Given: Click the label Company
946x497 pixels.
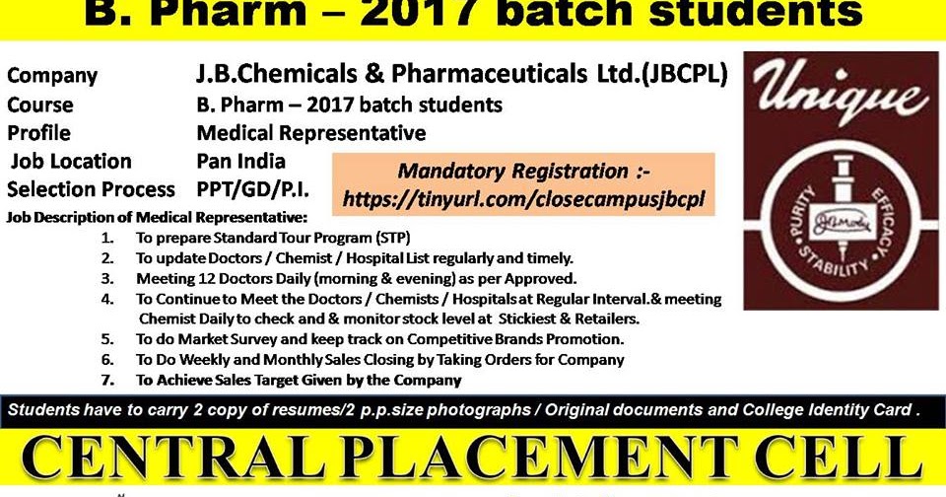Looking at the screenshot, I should [x=52, y=76].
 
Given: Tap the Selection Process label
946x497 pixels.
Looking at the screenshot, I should [x=91, y=189].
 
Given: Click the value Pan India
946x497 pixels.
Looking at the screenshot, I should [x=241, y=161].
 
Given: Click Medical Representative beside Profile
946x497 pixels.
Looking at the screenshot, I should [x=311, y=133].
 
